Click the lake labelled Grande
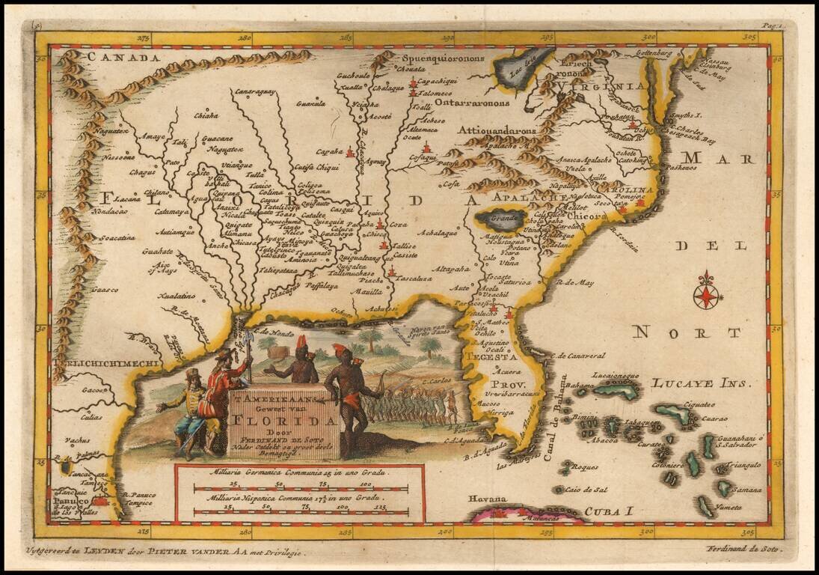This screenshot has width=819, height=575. (502, 219)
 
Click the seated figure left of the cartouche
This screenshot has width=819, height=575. (189, 412)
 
